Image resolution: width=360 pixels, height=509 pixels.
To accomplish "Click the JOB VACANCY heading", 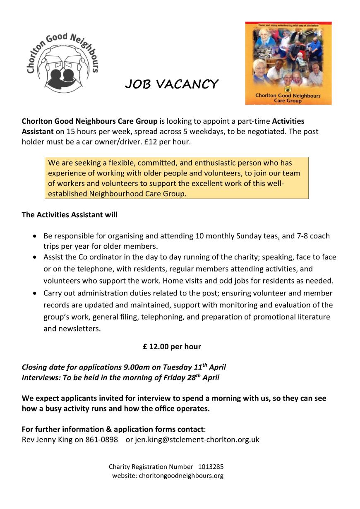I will [x=171, y=84].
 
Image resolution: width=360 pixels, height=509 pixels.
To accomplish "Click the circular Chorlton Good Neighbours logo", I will [x=62, y=58].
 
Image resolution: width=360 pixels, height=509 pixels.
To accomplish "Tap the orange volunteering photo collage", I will [x=288, y=63].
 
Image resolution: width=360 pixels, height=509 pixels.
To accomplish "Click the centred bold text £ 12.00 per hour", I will [x=172, y=347].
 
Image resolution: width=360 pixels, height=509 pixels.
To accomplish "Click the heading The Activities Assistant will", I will [x=70, y=215].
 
